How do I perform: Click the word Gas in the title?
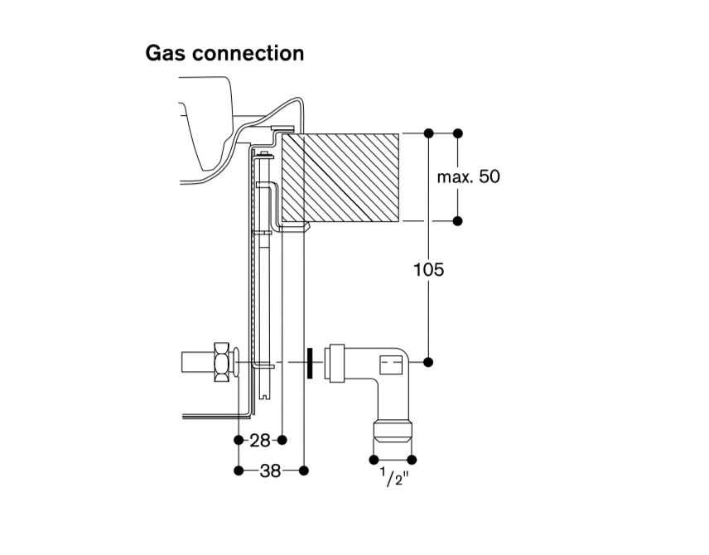coord(165,53)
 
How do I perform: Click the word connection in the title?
coord(248,53)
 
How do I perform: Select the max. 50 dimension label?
coord(469,176)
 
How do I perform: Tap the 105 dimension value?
coord(429,269)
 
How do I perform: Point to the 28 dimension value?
coord(260,440)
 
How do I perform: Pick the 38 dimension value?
coord(270,471)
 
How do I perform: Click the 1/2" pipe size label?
coord(393,477)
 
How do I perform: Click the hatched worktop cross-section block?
coord(340,177)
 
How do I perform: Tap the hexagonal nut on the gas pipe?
coord(222,362)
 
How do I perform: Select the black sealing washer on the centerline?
coord(310,362)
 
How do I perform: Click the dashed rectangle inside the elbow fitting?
coord(391,365)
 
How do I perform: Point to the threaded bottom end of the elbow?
coord(393,431)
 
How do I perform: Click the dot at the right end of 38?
coord(304,471)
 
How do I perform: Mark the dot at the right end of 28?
coord(282,440)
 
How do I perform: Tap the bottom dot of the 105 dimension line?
coord(429,362)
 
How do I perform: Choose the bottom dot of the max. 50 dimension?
coord(457,220)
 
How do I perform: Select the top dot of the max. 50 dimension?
coord(457,133)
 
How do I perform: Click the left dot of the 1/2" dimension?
coord(374,460)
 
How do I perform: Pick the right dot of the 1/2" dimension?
coord(412,460)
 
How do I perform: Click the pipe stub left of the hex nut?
coord(197,362)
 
